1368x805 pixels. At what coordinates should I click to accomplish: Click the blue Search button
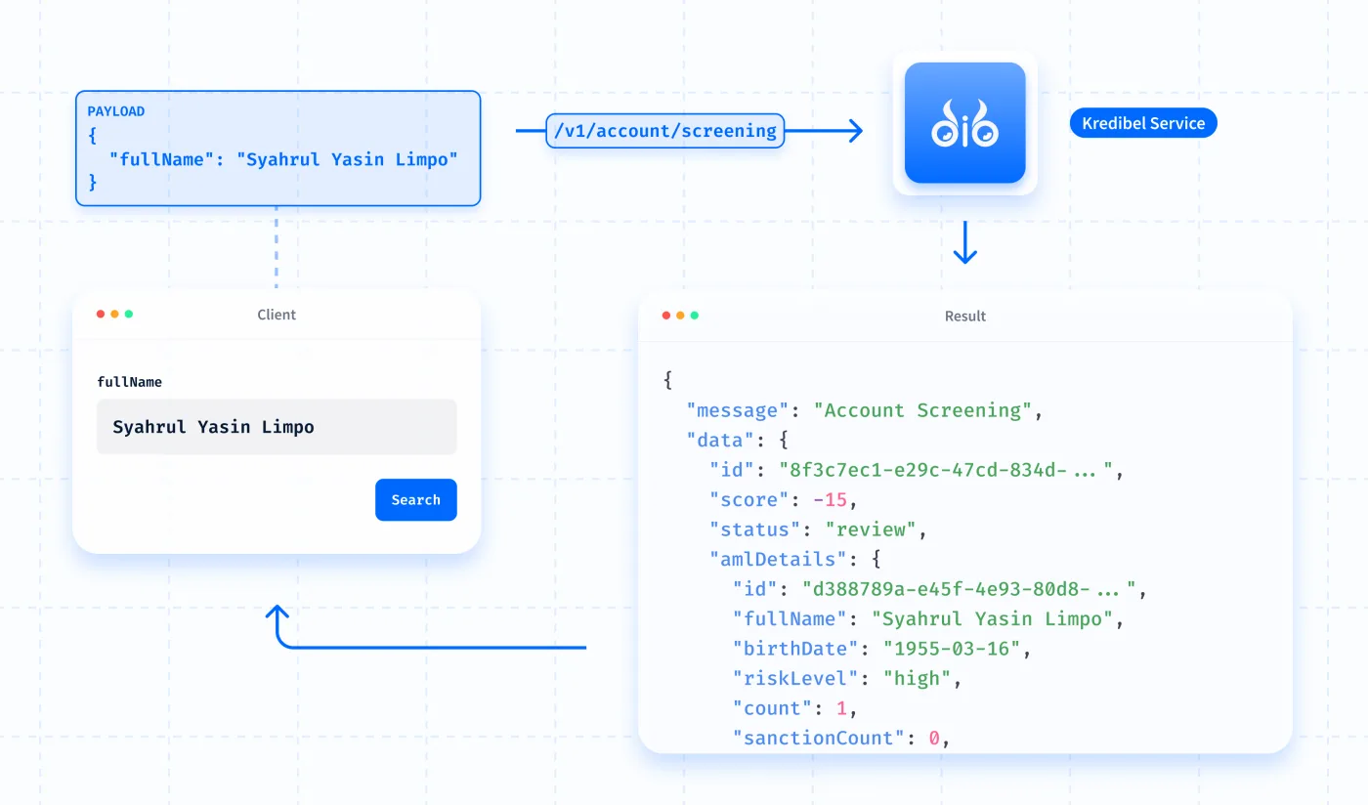point(416,499)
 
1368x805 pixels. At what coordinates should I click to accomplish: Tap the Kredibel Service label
point(1143,123)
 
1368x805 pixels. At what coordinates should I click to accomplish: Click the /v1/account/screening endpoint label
point(665,131)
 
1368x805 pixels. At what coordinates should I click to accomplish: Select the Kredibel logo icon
point(965,123)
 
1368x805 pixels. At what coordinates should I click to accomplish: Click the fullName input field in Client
point(277,426)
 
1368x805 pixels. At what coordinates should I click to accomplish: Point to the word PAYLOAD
point(116,111)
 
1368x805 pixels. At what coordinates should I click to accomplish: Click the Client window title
point(276,314)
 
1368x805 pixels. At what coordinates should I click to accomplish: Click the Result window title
point(965,316)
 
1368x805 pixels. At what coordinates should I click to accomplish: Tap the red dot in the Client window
point(101,314)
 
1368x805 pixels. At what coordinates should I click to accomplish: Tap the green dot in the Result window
point(695,316)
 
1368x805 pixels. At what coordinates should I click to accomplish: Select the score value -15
point(830,500)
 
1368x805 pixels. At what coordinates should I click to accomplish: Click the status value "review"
point(871,530)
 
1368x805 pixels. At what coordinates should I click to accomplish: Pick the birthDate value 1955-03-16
point(952,649)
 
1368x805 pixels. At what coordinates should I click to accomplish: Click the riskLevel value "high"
point(918,679)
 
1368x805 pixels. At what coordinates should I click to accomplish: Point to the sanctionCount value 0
point(934,739)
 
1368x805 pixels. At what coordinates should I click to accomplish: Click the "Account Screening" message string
point(922,410)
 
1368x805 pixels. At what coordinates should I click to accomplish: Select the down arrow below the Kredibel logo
point(965,242)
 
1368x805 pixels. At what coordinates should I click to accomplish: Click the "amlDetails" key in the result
point(778,560)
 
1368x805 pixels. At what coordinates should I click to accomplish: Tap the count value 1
point(841,708)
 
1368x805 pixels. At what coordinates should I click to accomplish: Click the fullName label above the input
point(129,382)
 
